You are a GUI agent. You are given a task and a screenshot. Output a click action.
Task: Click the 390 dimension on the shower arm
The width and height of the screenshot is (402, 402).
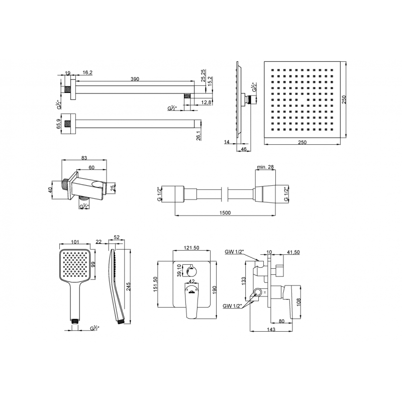pyautogui.click(x=135, y=79)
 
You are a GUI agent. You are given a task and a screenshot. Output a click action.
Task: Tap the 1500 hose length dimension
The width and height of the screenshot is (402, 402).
pyautogui.click(x=225, y=213)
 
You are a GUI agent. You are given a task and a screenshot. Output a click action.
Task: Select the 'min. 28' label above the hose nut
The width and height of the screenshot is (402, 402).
pyautogui.click(x=265, y=167)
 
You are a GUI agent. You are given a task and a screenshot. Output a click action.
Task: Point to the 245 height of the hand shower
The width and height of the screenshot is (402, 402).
pyautogui.click(x=129, y=286)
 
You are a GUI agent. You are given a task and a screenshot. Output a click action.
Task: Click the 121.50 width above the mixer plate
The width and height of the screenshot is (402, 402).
pyautogui.click(x=191, y=248)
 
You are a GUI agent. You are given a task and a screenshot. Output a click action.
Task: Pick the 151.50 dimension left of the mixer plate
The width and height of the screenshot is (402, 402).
pyautogui.click(x=155, y=284)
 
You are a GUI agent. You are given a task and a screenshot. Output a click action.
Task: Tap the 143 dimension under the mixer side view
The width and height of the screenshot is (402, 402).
pyautogui.click(x=271, y=329)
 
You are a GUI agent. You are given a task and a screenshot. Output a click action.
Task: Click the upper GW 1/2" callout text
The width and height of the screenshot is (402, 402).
pyautogui.click(x=234, y=252)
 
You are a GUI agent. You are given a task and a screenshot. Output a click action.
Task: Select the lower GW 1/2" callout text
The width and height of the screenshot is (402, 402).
pyautogui.click(x=232, y=306)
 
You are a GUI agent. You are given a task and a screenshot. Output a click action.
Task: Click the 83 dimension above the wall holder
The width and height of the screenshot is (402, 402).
pyautogui.click(x=84, y=158)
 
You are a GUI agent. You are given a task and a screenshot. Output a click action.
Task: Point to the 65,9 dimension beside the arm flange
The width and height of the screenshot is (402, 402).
pyautogui.click(x=59, y=124)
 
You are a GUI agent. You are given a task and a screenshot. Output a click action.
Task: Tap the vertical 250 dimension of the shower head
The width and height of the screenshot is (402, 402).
pyautogui.click(x=344, y=99)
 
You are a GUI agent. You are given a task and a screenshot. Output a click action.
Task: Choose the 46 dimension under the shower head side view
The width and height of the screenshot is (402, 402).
pyautogui.click(x=244, y=149)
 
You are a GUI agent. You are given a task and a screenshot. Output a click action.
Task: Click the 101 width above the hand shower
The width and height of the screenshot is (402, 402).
pyautogui.click(x=75, y=242)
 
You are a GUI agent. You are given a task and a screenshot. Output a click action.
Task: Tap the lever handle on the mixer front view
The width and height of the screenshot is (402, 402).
pyautogui.click(x=192, y=300)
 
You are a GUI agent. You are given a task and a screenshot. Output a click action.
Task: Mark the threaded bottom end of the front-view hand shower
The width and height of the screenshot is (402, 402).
pyautogui.click(x=74, y=321)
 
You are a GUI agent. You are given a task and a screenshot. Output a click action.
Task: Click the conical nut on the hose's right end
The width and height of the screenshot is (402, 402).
pyautogui.click(x=264, y=194)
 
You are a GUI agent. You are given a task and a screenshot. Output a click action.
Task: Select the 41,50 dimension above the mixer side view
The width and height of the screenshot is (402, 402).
pyautogui.click(x=293, y=252)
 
